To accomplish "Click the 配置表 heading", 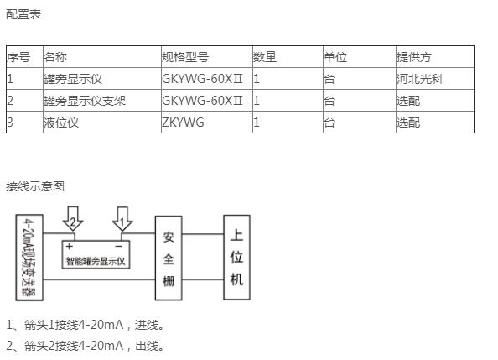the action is tap(23, 14).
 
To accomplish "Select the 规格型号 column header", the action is tap(185, 57).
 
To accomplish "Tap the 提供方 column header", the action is tap(413, 57).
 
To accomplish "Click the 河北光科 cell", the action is tap(419, 79).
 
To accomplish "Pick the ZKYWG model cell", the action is tap(183, 123).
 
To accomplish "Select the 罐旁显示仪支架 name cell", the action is tap(85, 101).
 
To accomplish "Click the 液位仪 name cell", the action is tap(61, 123).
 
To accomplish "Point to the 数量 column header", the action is tap(265, 57).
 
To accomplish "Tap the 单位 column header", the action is tap(335, 57).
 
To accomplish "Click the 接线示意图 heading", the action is tap(35, 186).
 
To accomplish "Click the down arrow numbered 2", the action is tap(73, 218).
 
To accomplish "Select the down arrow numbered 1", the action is tap(122, 218).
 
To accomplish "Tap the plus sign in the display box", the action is tap(70, 246).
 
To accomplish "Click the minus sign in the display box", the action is tap(119, 247).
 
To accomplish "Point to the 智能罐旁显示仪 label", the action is tap(96, 262).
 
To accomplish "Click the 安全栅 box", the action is tap(169, 258).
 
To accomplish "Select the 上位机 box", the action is tap(237, 258).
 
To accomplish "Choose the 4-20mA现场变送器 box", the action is tap(29, 258).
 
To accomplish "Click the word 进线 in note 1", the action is tap(147, 326).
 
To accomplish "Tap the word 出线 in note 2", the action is tap(147, 346).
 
